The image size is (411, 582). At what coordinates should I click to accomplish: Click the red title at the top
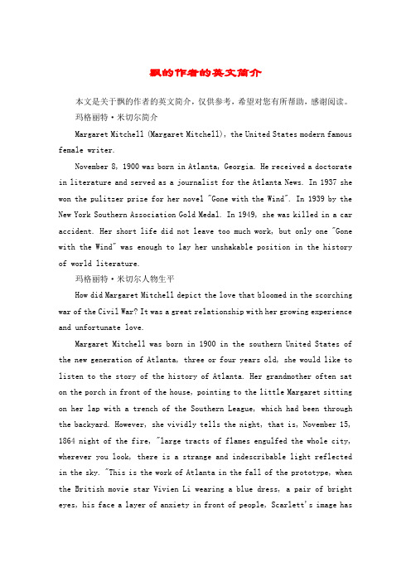(x=205, y=73)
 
